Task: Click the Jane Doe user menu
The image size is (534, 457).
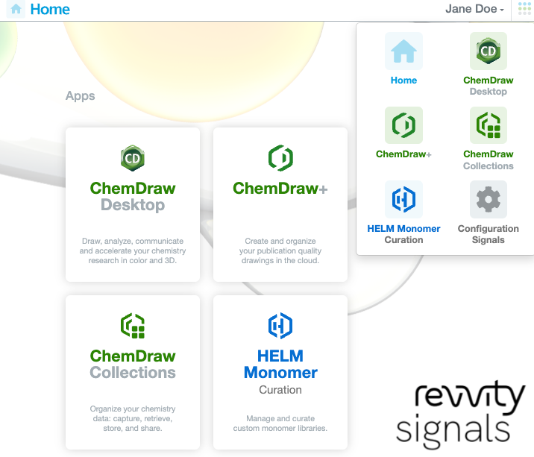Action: click(x=474, y=10)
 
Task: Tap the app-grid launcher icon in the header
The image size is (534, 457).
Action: click(x=524, y=10)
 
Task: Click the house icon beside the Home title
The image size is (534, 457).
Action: click(x=16, y=10)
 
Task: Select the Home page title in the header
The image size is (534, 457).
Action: click(x=50, y=10)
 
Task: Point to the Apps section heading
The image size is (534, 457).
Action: click(x=81, y=96)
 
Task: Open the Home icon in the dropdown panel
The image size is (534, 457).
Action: click(x=403, y=51)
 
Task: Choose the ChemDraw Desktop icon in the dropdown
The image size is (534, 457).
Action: click(x=489, y=51)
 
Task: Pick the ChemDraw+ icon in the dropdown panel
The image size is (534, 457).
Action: click(x=403, y=125)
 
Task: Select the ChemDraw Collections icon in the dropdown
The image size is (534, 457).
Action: click(x=489, y=125)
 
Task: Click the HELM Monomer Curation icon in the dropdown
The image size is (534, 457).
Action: click(x=403, y=199)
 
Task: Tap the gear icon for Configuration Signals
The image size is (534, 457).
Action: click(x=489, y=199)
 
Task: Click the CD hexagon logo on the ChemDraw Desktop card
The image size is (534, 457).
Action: click(x=133, y=158)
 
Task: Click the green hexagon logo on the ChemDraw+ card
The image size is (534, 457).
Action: click(x=280, y=158)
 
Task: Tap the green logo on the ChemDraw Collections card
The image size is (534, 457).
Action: click(x=133, y=326)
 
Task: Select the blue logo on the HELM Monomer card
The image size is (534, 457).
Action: click(x=280, y=326)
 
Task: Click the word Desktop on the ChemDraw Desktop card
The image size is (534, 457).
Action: click(x=133, y=205)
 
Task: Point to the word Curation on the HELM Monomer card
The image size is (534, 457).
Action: click(x=280, y=390)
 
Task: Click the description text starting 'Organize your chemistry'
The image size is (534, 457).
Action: click(x=133, y=418)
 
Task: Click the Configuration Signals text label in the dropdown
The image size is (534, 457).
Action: click(x=489, y=234)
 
